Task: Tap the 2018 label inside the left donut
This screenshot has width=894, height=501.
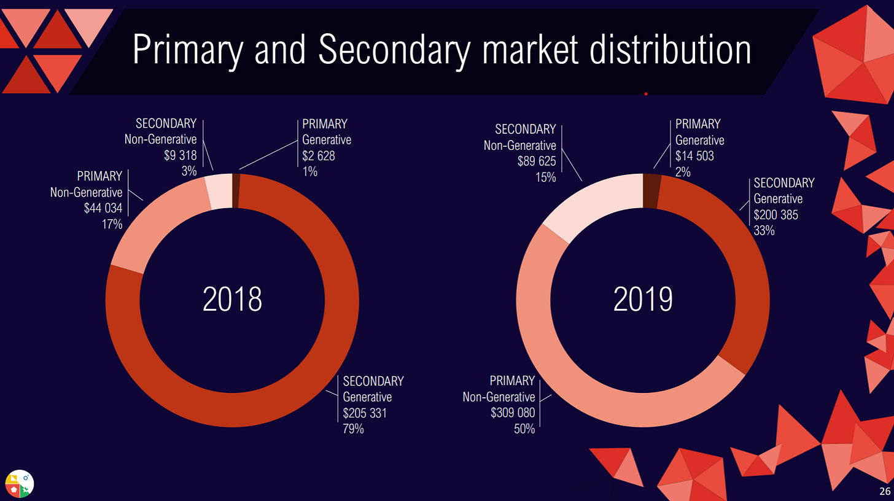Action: pyautogui.click(x=232, y=300)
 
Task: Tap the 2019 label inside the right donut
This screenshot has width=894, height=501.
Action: pyautogui.click(x=643, y=300)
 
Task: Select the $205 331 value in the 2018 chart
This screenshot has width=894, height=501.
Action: pyautogui.click(x=365, y=413)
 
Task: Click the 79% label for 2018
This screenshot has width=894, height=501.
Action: pyautogui.click(x=354, y=429)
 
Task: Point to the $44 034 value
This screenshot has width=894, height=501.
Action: pyautogui.click(x=103, y=208)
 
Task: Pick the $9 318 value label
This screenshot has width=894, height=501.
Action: pyautogui.click(x=180, y=155)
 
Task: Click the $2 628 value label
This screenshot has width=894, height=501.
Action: pyautogui.click(x=319, y=156)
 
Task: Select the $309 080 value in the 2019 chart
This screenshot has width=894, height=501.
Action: pyautogui.click(x=513, y=413)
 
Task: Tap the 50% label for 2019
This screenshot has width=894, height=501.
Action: pyautogui.click(x=524, y=429)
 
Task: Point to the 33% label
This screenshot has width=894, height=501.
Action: pyautogui.click(x=764, y=231)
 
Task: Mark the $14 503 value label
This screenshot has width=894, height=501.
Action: pyautogui.click(x=694, y=156)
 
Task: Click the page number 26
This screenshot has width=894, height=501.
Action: pyautogui.click(x=885, y=491)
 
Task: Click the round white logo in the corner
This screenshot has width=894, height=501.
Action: pyautogui.click(x=19, y=484)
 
